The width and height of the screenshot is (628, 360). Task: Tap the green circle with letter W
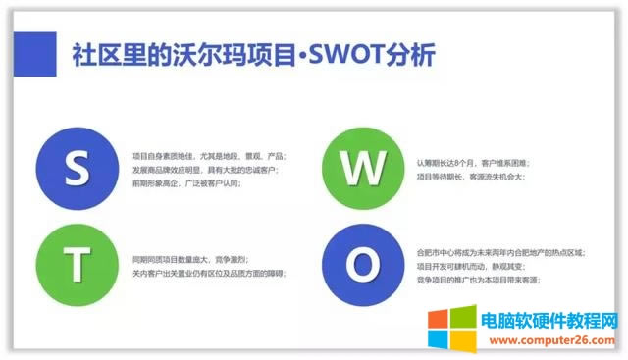pyautogui.click(x=356, y=167)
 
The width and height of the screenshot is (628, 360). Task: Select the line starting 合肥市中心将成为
pyautogui.click(x=500, y=252)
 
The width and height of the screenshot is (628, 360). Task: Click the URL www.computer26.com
pyautogui.click(x=555, y=334)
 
